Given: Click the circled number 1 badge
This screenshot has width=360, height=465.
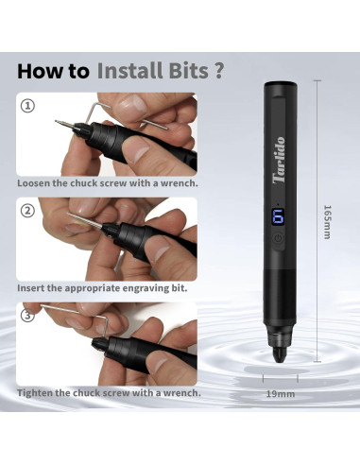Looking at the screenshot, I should (26, 106).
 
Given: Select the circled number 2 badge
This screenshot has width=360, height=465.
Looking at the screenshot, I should (26, 210).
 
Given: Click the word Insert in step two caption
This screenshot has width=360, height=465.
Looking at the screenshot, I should (34, 286).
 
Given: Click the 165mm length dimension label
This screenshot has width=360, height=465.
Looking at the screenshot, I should (326, 222).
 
